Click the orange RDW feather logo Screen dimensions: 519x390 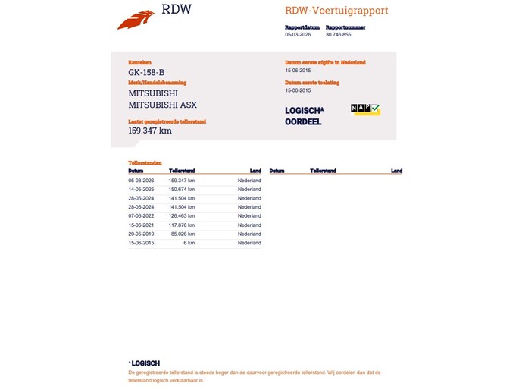coord(136,20)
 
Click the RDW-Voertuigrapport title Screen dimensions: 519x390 coord(336,11)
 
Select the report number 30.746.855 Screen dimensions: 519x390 coord(338,34)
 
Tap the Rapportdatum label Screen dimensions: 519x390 coord(302,27)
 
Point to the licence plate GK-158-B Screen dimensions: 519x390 coord(146,72)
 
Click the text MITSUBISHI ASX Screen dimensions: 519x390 coord(162,105)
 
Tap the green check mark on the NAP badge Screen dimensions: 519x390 coord(375,108)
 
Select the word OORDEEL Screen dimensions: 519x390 coord(303,122)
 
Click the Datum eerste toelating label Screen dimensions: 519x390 coord(312,83)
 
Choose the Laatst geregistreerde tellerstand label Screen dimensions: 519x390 coord(167,121)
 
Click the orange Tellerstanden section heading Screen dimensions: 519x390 coord(145,162)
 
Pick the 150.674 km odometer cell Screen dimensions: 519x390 coord(182,190)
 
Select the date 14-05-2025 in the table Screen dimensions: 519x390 coord(142,190)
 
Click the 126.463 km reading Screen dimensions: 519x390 coord(182,216)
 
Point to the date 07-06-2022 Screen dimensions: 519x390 coord(142,216)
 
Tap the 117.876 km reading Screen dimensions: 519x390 coord(182,225)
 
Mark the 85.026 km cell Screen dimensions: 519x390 coord(183,234)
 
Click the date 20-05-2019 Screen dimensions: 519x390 coord(142,234)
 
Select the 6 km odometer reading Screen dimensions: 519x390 coord(189,243)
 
